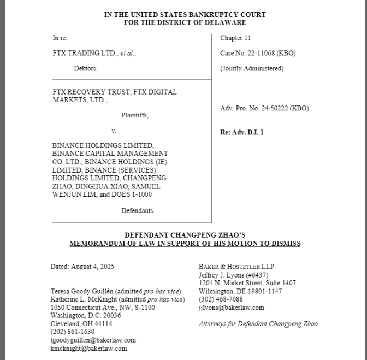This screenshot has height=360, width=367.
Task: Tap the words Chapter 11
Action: point(235,38)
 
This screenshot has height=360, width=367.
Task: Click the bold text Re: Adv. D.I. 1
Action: point(242,132)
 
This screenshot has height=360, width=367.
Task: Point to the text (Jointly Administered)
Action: point(252,69)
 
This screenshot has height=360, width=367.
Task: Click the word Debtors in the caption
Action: point(86,69)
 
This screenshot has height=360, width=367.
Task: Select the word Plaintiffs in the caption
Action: point(134,115)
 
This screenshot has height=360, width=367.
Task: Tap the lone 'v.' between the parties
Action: point(114,131)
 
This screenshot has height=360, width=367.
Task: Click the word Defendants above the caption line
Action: point(138,210)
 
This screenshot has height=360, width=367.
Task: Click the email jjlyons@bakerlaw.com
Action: point(232,308)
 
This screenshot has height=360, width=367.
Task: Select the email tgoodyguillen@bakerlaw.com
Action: point(93,340)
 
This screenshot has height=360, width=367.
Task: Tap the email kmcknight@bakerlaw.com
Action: point(88,348)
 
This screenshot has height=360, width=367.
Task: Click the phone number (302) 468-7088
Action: point(221,299)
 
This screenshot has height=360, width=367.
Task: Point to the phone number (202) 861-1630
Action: point(73,332)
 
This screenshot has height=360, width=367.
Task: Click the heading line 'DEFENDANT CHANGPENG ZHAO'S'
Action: point(185,235)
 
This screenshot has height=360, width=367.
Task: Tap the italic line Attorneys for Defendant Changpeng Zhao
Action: point(258,324)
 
